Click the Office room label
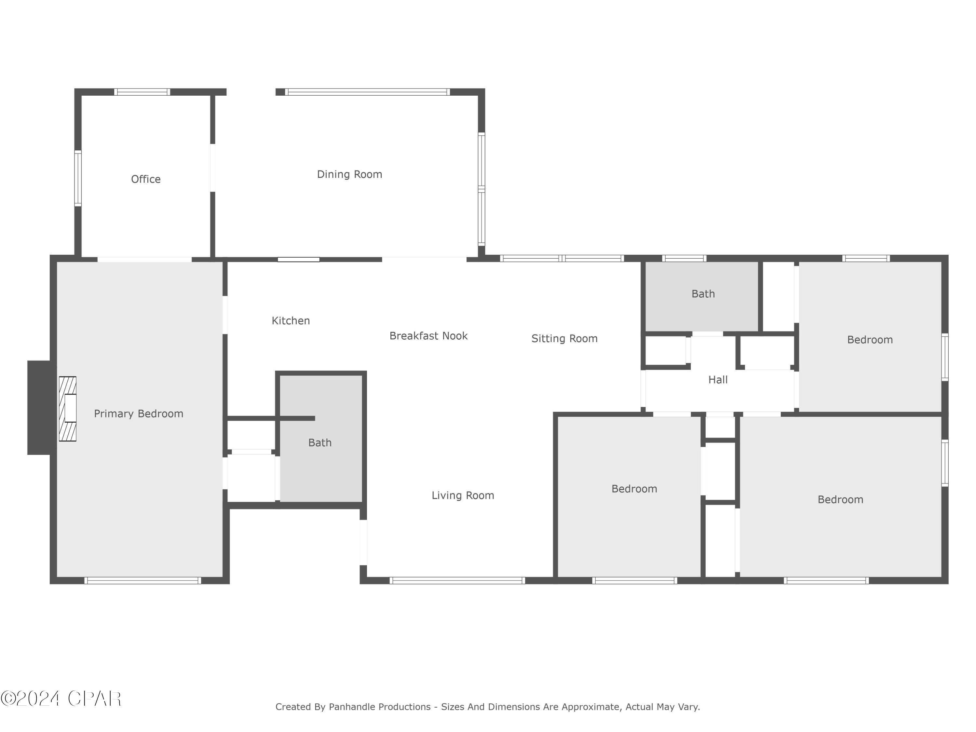point(146,179)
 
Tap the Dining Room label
point(349,174)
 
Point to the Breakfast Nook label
point(428,336)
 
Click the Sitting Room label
point(564,338)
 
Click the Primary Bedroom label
point(139,413)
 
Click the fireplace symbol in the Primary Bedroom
point(68,409)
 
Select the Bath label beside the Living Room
point(319,442)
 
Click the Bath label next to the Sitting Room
point(703,294)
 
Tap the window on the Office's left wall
point(78,178)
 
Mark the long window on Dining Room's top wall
point(367,92)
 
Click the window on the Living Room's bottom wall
point(457,580)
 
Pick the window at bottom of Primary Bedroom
point(142,580)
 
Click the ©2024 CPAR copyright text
point(61,698)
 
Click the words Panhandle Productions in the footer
point(379,707)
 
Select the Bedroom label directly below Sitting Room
point(634,489)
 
